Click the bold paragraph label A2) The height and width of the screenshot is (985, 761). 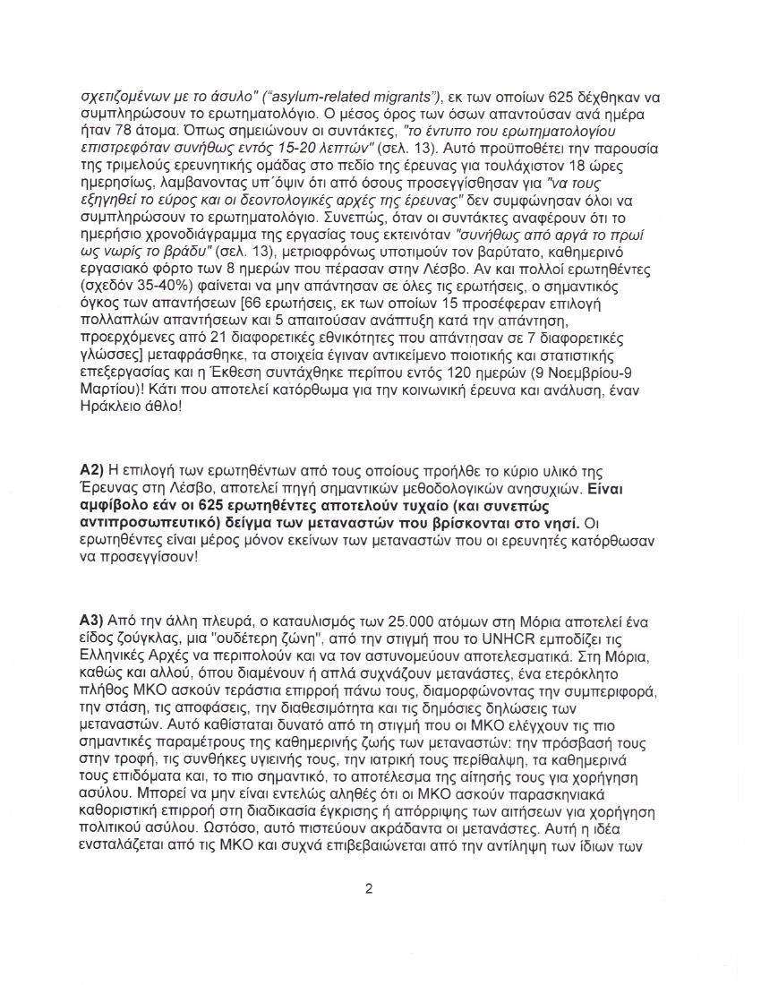click(92, 471)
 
